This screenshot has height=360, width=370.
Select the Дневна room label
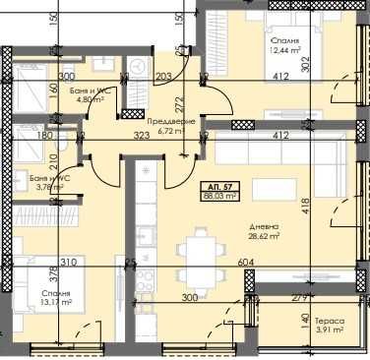pos(260,225)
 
